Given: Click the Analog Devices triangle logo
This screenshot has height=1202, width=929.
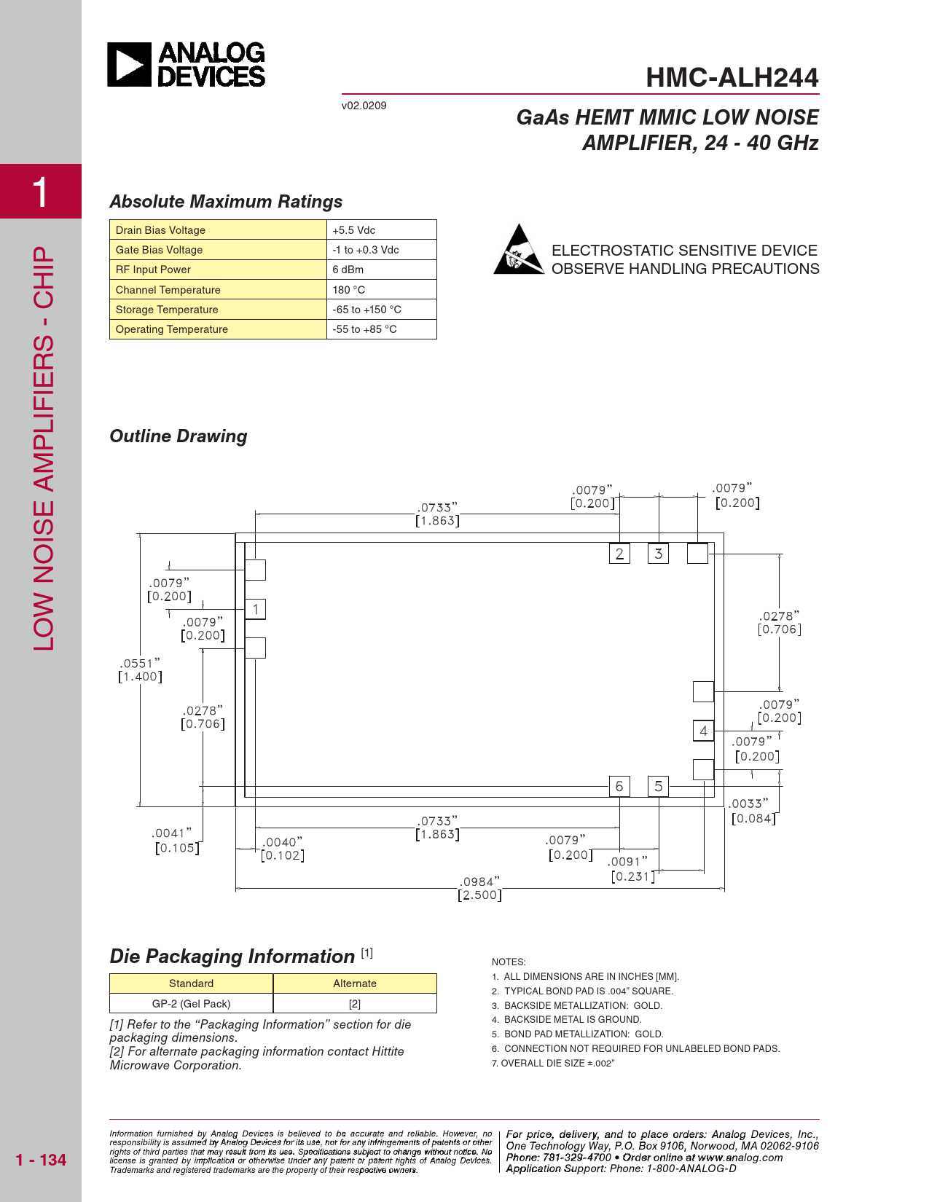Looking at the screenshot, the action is (x=129, y=64).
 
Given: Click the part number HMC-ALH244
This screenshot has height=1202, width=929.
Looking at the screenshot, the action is (x=732, y=77).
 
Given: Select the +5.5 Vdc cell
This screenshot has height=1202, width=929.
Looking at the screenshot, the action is (x=381, y=229).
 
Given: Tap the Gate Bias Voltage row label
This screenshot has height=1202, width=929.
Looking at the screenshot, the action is (x=159, y=249).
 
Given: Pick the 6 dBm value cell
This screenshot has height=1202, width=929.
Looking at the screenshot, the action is (x=381, y=270).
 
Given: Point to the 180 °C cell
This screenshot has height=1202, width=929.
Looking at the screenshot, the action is (x=381, y=289).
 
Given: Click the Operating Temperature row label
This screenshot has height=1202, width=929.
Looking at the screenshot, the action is (x=171, y=329).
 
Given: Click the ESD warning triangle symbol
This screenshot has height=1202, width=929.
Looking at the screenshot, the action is (x=519, y=249).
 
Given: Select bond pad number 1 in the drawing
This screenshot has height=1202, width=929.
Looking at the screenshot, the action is (x=255, y=609).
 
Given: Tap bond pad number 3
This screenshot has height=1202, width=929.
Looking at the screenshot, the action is (x=659, y=553).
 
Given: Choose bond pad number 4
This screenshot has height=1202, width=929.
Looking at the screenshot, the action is (x=703, y=731).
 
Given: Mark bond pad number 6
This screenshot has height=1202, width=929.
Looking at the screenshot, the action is (x=619, y=786).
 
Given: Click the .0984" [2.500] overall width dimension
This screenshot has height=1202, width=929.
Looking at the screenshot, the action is (x=479, y=888).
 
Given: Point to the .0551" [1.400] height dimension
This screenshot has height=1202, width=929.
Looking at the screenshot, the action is (x=140, y=670).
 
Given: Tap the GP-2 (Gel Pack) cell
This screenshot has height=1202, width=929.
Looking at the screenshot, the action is (x=191, y=1003).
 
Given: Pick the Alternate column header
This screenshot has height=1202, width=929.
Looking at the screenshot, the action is (x=355, y=983).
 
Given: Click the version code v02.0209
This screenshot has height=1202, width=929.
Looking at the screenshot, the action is (x=364, y=106).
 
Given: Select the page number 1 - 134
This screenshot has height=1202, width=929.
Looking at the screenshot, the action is (x=41, y=1160).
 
